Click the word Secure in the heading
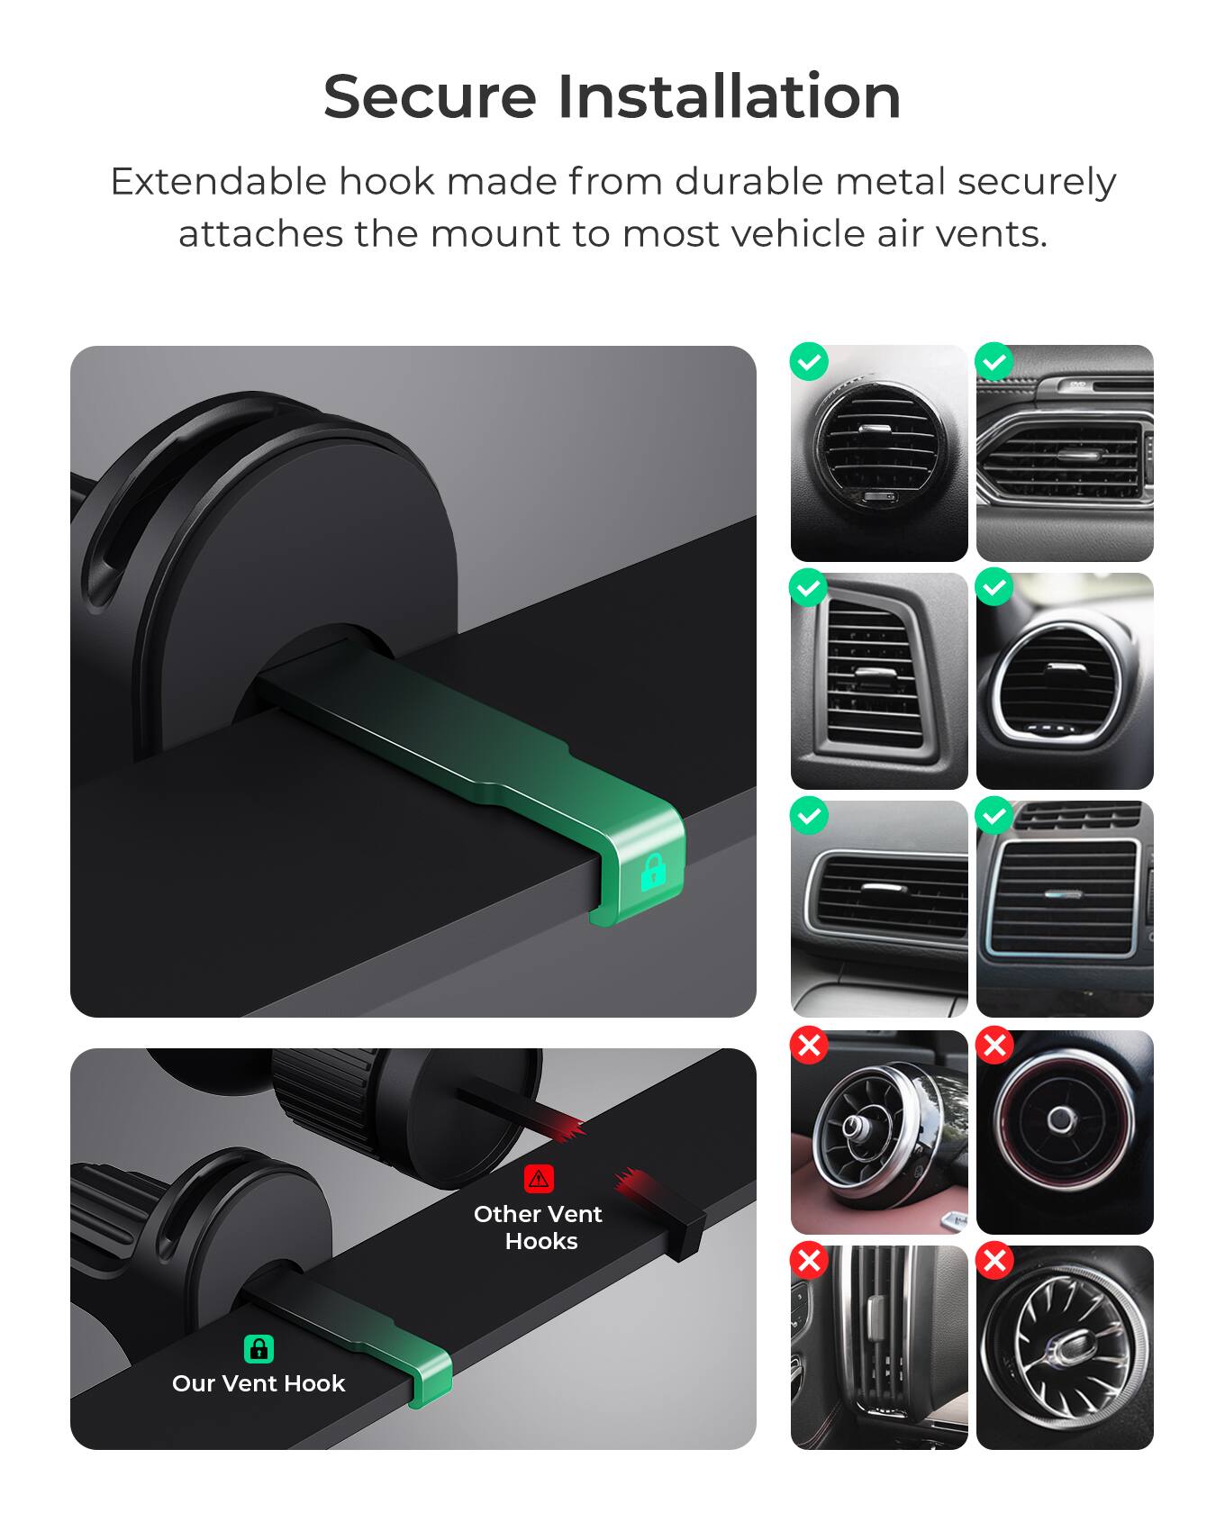pos(430,96)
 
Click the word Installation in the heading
pos(729,96)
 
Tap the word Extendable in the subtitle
pos(218,182)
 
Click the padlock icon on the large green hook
pos(653,872)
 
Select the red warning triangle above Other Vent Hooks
pos(539,1178)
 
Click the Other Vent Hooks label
pos(539,1228)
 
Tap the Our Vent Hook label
pos(259,1383)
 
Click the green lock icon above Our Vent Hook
pos(259,1348)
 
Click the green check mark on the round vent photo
pos(809,362)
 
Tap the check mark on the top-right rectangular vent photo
pos(994,362)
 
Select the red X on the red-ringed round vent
pos(994,1046)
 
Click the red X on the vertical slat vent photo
pos(809,1260)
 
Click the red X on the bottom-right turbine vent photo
pos(994,1260)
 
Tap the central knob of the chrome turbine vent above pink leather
pos(853,1125)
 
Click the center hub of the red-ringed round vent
pos(1062,1119)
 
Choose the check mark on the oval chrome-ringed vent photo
pos(994,588)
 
